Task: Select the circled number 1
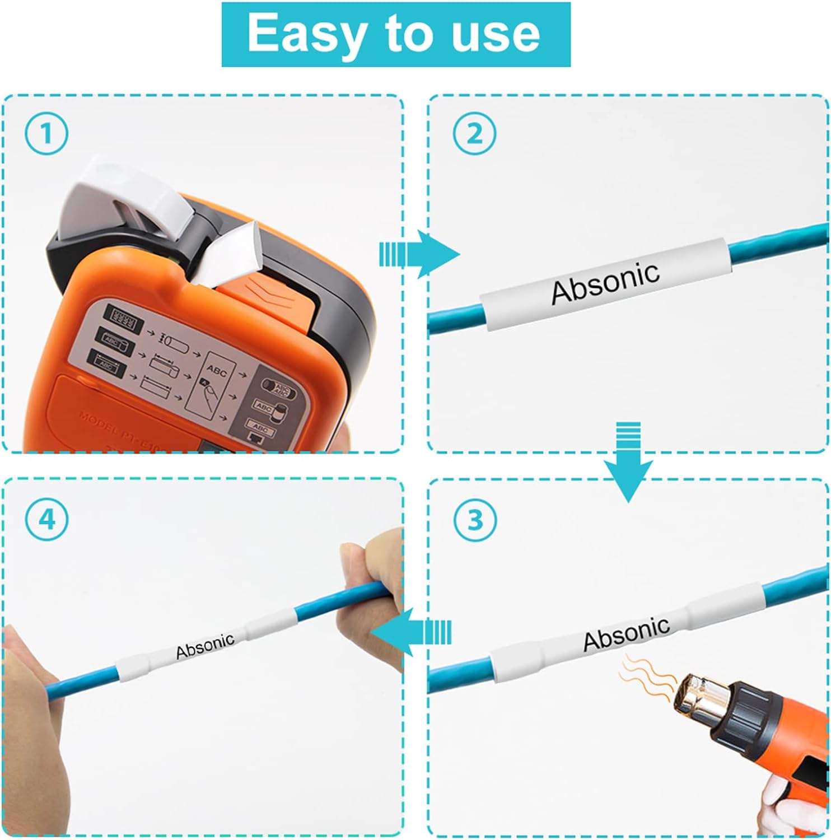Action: coord(46,134)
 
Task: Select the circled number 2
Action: coord(474,134)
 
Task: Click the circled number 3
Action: coord(475,520)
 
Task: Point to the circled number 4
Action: coord(46,520)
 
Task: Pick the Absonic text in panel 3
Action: coord(626,633)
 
